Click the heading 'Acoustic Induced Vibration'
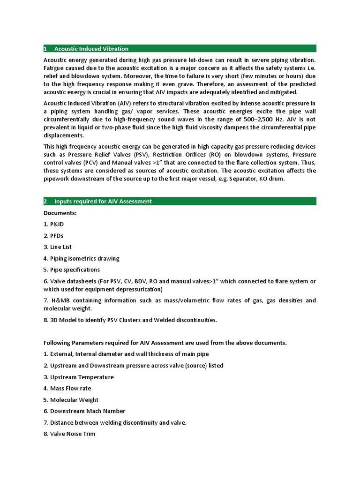91,49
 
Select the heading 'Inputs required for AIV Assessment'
103,202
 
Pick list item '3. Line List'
58,247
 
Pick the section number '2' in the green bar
45,202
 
